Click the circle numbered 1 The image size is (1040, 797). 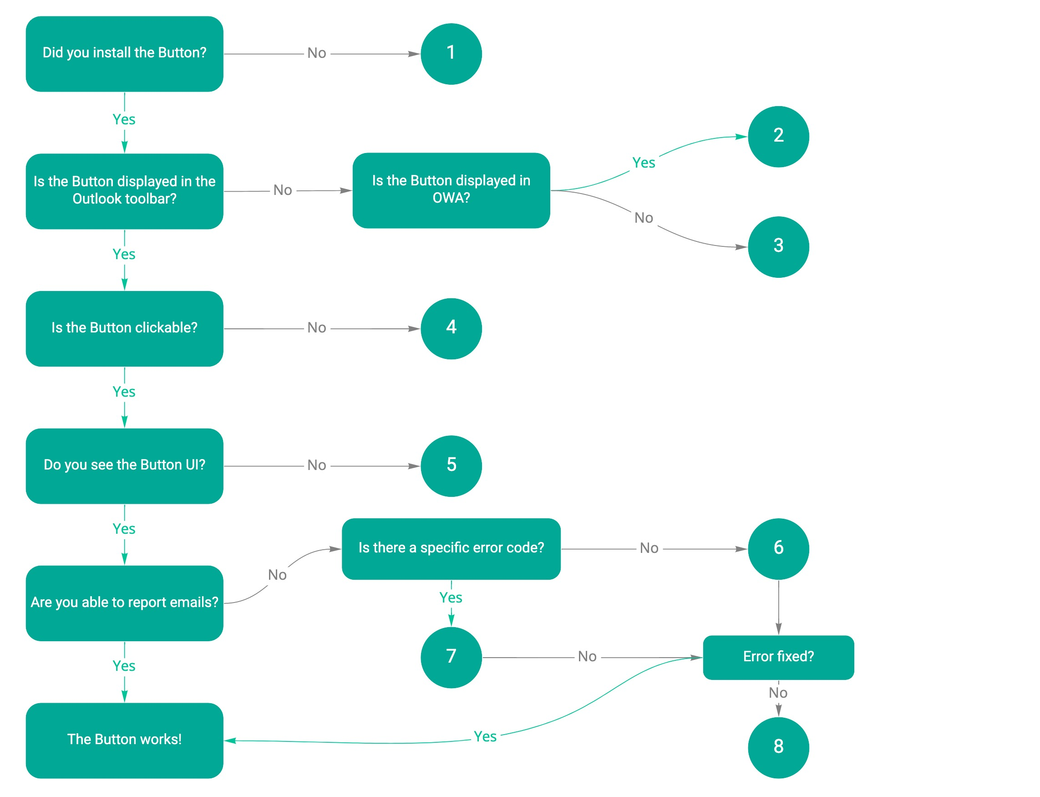pyautogui.click(x=451, y=54)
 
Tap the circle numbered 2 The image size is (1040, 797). pyautogui.click(x=778, y=137)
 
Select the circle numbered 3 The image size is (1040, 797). pyautogui.click(x=778, y=247)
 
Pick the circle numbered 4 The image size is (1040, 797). pyautogui.click(x=451, y=328)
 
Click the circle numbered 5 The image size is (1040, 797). pyautogui.click(x=451, y=466)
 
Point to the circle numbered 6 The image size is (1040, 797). pyautogui.click(x=778, y=548)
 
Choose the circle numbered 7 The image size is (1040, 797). pyautogui.click(x=451, y=657)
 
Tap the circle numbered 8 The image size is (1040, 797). pyautogui.click(x=778, y=747)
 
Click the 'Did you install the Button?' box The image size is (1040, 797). pyautogui.click(x=124, y=54)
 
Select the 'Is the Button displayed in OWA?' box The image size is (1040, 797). pyautogui.click(x=451, y=190)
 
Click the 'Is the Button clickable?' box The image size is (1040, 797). pyautogui.click(x=124, y=328)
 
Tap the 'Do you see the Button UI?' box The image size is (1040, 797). pyautogui.click(x=124, y=466)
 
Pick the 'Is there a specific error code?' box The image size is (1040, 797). pyautogui.click(x=451, y=548)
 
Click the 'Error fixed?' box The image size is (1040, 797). pyautogui.click(x=778, y=657)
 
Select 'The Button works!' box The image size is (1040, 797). pyautogui.click(x=124, y=740)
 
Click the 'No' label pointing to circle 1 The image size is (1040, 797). pyautogui.click(x=316, y=53)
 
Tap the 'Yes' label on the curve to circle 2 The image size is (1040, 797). pyautogui.click(x=643, y=163)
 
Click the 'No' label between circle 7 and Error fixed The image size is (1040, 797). pyautogui.click(x=587, y=657)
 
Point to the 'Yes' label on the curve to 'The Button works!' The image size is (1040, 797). pyautogui.click(x=485, y=736)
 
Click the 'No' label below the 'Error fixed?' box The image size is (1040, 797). pyautogui.click(x=778, y=693)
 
